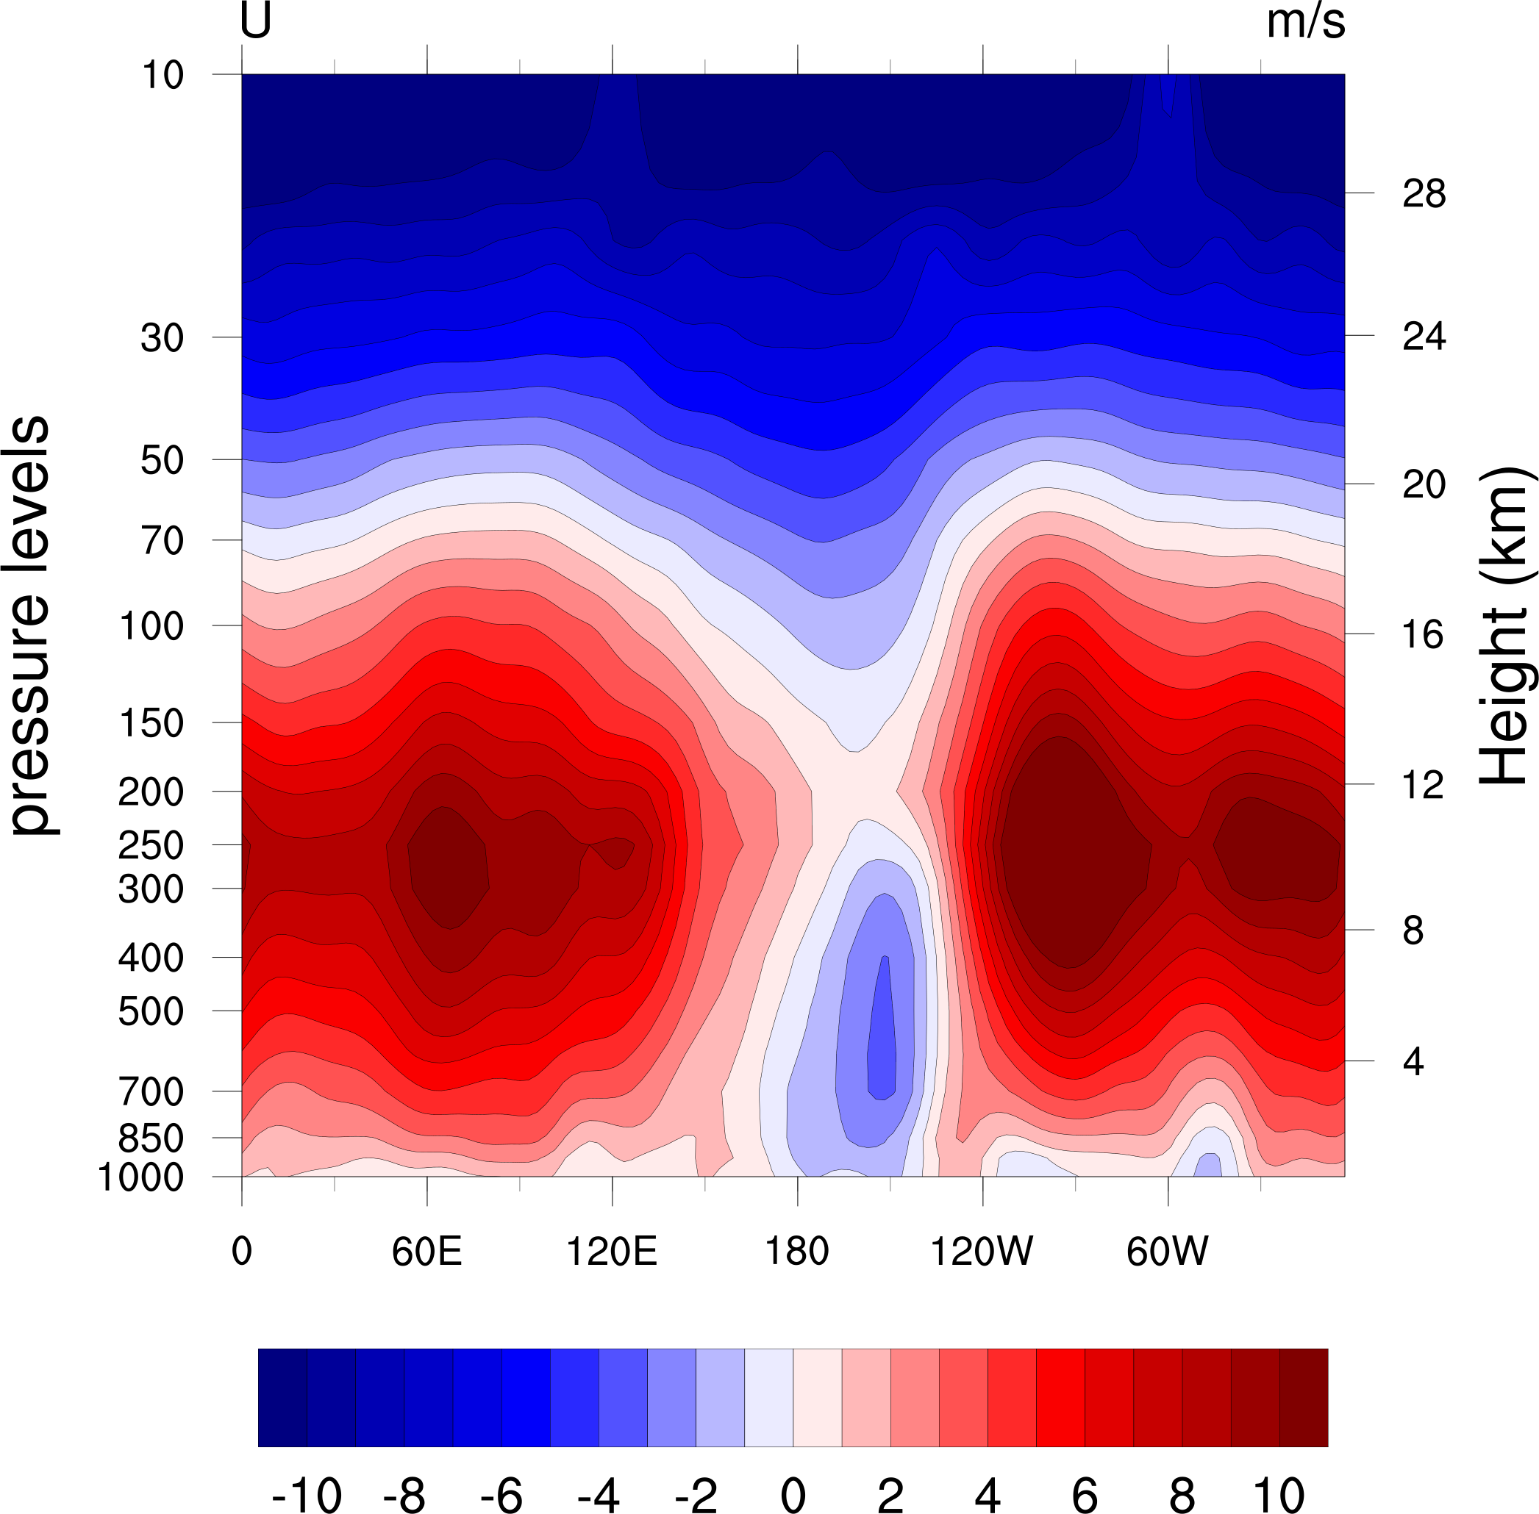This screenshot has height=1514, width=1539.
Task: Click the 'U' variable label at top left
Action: (255, 21)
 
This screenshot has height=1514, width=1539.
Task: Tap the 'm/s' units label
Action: (1305, 21)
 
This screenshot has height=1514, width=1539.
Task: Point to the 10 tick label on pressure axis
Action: (163, 76)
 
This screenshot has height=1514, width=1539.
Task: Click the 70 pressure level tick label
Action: (163, 542)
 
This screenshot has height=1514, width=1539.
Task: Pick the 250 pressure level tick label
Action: (151, 845)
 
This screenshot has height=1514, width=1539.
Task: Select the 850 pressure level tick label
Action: (151, 1139)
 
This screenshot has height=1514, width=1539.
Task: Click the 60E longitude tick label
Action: (426, 1252)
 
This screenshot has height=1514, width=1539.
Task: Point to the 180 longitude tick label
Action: (797, 1252)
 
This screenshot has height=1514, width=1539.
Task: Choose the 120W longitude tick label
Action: (982, 1252)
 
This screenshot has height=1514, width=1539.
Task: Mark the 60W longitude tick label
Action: (1167, 1252)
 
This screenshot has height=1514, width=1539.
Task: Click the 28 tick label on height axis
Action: (1424, 194)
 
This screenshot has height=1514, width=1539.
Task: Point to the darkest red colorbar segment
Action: (1304, 1397)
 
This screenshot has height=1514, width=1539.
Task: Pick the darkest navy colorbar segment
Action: (282, 1397)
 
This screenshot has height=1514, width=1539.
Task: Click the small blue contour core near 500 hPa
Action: (881, 1034)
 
